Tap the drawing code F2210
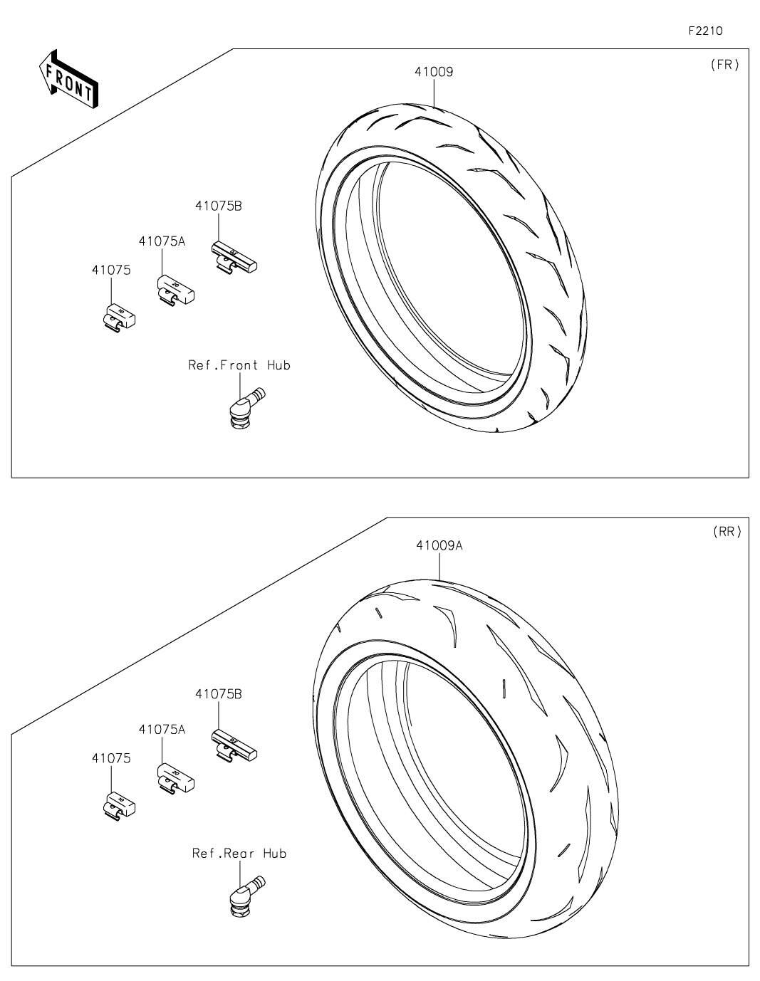tap(705, 31)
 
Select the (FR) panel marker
tap(725, 65)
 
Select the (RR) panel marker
tap(727, 532)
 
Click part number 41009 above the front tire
tap(434, 72)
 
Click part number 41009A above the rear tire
tap(439, 545)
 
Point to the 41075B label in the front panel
tap(219, 206)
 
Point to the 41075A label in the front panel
tap(162, 241)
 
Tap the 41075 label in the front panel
tap(111, 270)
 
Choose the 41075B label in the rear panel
tap(219, 694)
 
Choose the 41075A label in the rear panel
tap(162, 730)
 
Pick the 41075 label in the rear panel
tap(111, 758)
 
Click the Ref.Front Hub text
tap(239, 364)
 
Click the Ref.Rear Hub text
tap(239, 854)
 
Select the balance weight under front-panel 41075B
tap(234, 257)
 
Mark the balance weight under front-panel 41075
tap(119, 318)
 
